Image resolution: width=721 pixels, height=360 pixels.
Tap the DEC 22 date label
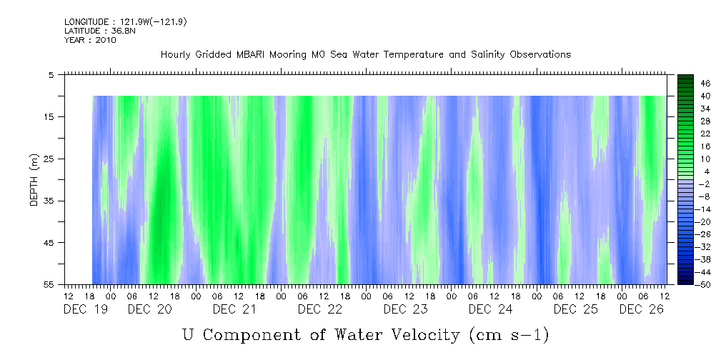point(320,309)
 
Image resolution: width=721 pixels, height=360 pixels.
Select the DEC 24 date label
point(490,309)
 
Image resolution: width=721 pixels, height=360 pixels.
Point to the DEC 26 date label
point(641,309)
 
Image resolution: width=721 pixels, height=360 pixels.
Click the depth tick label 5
point(51,74)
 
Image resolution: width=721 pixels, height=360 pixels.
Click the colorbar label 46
point(685,84)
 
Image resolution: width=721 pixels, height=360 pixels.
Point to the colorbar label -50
point(685,285)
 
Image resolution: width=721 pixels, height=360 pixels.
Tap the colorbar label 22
point(685,134)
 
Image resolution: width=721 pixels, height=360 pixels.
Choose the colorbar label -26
point(685,234)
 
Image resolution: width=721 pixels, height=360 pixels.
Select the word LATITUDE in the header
point(81,31)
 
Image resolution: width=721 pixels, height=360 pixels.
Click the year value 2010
point(104,40)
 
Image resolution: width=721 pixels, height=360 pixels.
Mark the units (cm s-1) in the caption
point(508,334)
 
